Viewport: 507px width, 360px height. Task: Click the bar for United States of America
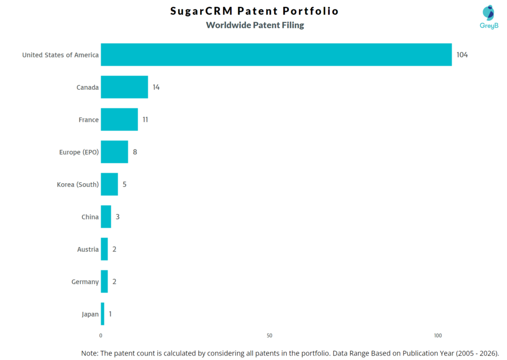[276, 55]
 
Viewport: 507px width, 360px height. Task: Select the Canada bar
[124, 87]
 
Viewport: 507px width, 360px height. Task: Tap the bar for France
[119, 119]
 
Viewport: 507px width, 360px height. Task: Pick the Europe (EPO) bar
[114, 152]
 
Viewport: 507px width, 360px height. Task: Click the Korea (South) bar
[109, 184]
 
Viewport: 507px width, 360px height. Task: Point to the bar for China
[106, 217]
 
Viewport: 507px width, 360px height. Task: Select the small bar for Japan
[102, 314]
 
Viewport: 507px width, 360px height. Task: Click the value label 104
[462, 55]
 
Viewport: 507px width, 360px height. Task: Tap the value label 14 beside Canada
[156, 87]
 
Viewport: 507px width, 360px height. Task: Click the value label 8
[135, 152]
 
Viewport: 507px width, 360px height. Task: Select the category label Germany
[85, 282]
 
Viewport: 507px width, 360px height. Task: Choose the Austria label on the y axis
[88, 250]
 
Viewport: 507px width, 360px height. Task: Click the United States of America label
[60, 55]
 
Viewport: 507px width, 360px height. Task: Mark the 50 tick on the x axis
[269, 336]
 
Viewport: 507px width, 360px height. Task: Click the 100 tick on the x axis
[438, 336]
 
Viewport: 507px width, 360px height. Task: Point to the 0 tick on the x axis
[101, 336]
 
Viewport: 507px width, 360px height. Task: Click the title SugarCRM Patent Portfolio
[254, 11]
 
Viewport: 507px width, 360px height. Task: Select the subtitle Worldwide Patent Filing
[254, 25]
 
